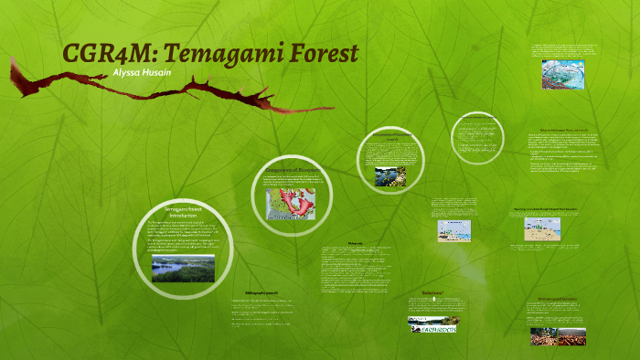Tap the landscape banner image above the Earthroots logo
tap(433, 320)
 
